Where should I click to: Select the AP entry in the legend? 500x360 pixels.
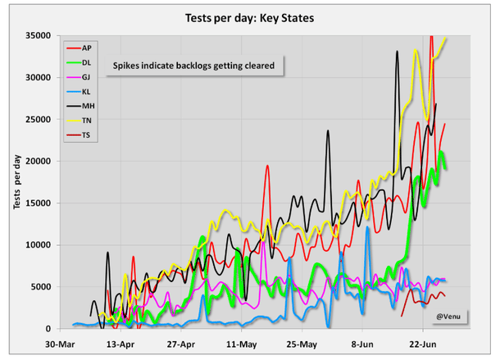pos(87,48)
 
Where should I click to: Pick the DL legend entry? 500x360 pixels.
pos(87,63)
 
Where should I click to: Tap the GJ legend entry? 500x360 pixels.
pos(87,77)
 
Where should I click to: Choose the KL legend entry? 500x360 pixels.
pos(87,92)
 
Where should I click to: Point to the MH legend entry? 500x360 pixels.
pos(87,106)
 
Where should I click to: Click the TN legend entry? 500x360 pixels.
pos(87,121)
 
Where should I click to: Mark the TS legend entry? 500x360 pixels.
pos(87,134)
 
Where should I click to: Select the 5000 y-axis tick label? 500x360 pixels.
pos(42,287)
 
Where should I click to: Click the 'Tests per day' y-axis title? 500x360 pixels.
pos(16,181)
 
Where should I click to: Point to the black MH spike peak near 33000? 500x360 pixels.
pos(398,52)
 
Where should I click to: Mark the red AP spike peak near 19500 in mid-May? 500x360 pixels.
pos(267,166)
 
